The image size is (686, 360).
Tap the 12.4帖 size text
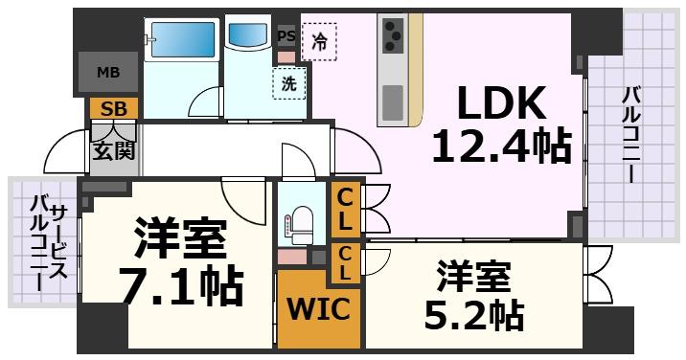500,146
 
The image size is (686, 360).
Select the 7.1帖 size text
179,283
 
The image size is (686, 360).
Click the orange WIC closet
319,310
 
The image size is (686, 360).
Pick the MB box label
108,72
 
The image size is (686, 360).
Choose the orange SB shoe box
114,108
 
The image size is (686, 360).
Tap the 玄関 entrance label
114,149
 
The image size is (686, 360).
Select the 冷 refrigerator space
319,42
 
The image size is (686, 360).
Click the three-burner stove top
393,37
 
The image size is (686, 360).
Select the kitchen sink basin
393,101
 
